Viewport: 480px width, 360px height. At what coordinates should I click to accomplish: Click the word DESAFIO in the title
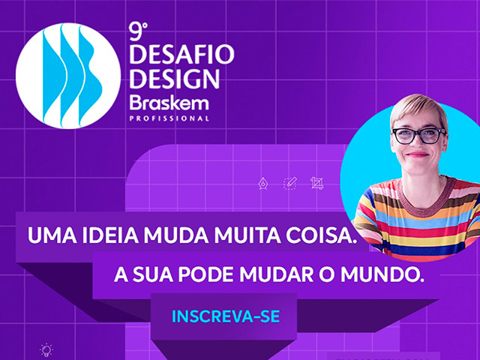[x=181, y=55]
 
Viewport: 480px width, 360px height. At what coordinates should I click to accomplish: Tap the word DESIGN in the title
[x=175, y=79]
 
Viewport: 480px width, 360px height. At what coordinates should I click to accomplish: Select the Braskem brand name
[x=169, y=103]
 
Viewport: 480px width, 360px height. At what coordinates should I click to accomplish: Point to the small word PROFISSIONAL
[x=169, y=118]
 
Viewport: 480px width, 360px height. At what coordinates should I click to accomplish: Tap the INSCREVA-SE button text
[x=226, y=316]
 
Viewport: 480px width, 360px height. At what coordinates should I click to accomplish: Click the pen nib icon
[x=262, y=183]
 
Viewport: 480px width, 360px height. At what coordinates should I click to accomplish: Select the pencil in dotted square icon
[x=290, y=183]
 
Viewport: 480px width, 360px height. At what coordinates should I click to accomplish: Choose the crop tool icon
[x=316, y=183]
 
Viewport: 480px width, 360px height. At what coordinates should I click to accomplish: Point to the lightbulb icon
[x=46, y=350]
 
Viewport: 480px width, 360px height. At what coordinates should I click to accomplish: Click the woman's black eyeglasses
[x=418, y=136]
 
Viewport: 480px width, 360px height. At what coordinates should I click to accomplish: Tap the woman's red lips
[x=417, y=154]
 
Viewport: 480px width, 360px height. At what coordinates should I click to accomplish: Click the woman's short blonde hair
[x=418, y=109]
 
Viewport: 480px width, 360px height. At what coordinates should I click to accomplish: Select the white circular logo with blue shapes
[x=68, y=76]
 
